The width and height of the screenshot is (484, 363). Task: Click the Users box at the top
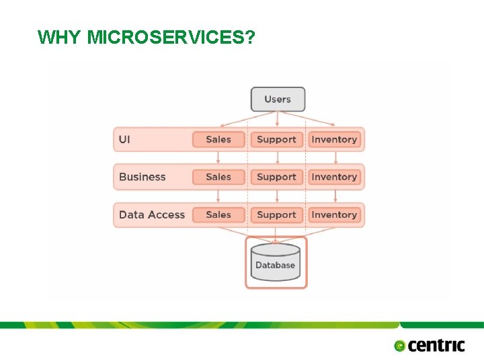tap(278, 99)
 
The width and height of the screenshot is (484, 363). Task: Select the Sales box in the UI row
tap(218, 139)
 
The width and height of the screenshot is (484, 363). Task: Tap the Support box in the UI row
tap(276, 139)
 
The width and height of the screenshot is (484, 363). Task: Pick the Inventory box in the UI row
tap(334, 139)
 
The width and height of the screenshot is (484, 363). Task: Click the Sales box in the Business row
tap(218, 177)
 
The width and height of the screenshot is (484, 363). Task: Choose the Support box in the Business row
tap(276, 177)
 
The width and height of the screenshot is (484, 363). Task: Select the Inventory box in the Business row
tap(334, 177)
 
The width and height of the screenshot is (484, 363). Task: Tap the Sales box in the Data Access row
tap(218, 214)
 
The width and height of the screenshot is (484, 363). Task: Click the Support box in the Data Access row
tap(276, 214)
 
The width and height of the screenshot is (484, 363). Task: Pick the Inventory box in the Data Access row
tap(334, 214)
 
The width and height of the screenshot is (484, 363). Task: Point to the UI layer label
tap(125, 139)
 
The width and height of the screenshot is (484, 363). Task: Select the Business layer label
tap(142, 177)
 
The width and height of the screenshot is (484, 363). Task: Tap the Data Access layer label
tap(151, 214)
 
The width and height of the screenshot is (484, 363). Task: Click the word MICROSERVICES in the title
tap(171, 37)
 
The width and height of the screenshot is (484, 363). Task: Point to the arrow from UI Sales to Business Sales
tap(218, 158)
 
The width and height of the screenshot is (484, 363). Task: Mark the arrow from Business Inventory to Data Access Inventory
tap(335, 196)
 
